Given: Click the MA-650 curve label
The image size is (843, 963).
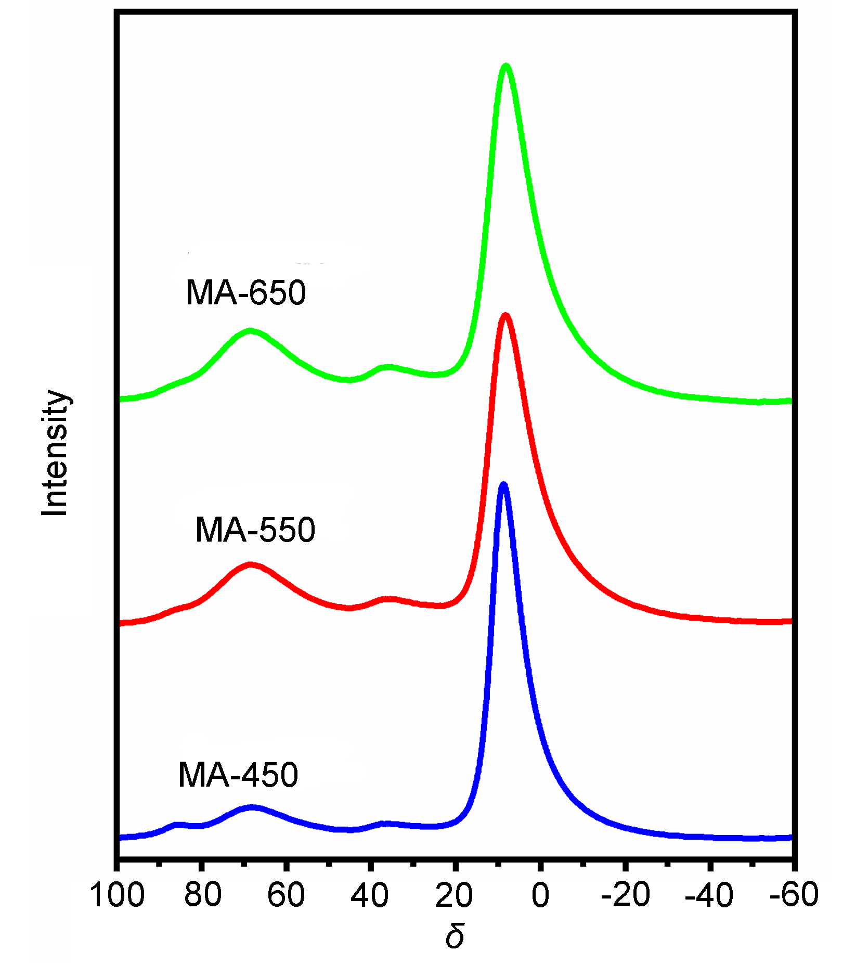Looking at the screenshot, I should click(245, 292).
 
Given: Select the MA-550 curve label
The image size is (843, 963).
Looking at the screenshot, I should click(255, 530).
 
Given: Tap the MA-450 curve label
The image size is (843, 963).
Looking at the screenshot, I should click(238, 775).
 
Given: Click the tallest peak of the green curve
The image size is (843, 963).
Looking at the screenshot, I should click(505, 66).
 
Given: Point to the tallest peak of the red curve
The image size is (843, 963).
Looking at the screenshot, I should click(505, 315).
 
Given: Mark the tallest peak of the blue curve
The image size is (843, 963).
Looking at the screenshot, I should click(503, 485).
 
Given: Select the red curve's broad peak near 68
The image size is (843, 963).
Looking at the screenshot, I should click(251, 564).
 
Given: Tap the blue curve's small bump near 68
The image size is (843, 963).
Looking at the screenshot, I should click(252, 807).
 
